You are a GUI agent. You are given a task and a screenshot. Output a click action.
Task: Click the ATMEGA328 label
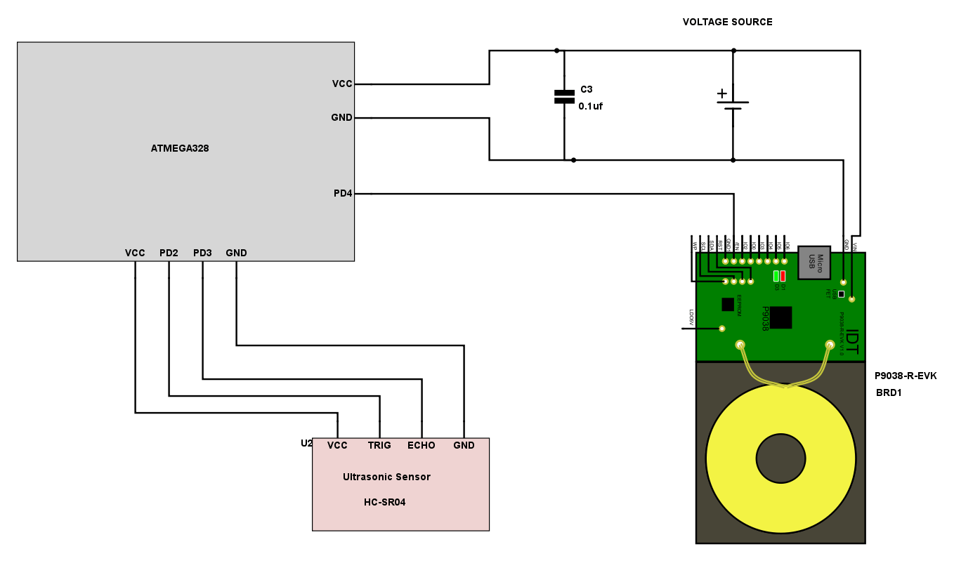[x=180, y=149]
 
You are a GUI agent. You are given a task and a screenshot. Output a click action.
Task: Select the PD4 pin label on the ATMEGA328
[x=343, y=193]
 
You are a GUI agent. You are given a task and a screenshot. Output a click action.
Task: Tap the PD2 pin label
[x=169, y=253]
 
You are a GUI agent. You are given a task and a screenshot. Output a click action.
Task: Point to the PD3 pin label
[x=202, y=253]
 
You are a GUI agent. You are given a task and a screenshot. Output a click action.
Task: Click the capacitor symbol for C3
[x=564, y=96]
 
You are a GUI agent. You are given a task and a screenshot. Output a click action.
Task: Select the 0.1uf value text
[x=590, y=106]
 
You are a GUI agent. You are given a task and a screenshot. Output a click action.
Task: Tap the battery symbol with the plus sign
[x=733, y=102]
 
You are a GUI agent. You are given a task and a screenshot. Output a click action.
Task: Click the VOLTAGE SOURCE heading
[x=727, y=22]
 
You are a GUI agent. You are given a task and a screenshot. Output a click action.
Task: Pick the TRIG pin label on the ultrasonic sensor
[x=379, y=445]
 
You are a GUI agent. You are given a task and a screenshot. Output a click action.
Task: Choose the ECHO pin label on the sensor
[x=422, y=445]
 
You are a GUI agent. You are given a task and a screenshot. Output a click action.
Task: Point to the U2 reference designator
[x=306, y=444]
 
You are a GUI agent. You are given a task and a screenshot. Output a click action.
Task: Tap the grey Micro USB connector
[x=814, y=262]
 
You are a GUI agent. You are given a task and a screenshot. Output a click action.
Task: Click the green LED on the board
[x=776, y=276]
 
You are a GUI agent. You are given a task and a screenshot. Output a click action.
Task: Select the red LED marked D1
[x=783, y=276]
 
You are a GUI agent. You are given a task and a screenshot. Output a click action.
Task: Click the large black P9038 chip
[x=780, y=317]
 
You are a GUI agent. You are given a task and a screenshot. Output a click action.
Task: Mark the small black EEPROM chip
[x=728, y=304]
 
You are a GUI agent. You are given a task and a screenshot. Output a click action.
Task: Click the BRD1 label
[x=889, y=393]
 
